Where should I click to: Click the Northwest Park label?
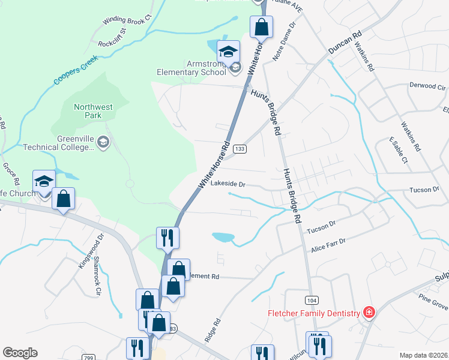pos(93,111)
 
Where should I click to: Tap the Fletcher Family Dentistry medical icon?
pos(369,313)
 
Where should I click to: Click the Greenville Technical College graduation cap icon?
pos(103,142)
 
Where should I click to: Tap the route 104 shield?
pos(311,299)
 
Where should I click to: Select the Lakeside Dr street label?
pos(229,185)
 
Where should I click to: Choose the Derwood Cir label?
pos(427,86)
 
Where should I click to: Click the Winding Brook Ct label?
pos(128,20)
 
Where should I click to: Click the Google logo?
pos(20,353)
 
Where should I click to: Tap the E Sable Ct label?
pos(399,151)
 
